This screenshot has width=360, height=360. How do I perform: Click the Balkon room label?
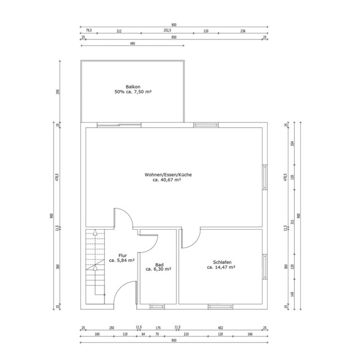133,87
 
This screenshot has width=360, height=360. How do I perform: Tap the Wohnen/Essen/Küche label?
168,175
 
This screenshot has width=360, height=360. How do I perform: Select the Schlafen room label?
222,262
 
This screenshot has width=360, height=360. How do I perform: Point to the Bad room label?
159,265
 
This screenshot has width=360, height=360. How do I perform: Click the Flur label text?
123,255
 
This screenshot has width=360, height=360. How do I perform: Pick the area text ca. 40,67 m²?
167,180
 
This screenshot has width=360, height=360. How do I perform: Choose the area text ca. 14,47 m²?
221,267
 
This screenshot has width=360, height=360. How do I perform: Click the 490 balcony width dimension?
133,44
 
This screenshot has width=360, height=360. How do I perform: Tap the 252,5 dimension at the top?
167,30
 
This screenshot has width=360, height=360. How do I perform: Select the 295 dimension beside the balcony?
58,91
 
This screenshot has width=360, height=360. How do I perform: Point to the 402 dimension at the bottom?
220,328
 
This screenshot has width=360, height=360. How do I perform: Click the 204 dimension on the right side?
292,144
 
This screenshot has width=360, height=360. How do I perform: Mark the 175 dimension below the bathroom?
158,328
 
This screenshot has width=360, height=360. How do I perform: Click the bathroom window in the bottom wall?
157,307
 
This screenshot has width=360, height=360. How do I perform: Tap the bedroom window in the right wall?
265,267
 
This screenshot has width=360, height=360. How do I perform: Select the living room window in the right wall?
265,177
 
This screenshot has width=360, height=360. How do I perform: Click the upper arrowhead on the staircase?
95,232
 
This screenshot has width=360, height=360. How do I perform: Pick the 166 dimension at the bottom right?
249,334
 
